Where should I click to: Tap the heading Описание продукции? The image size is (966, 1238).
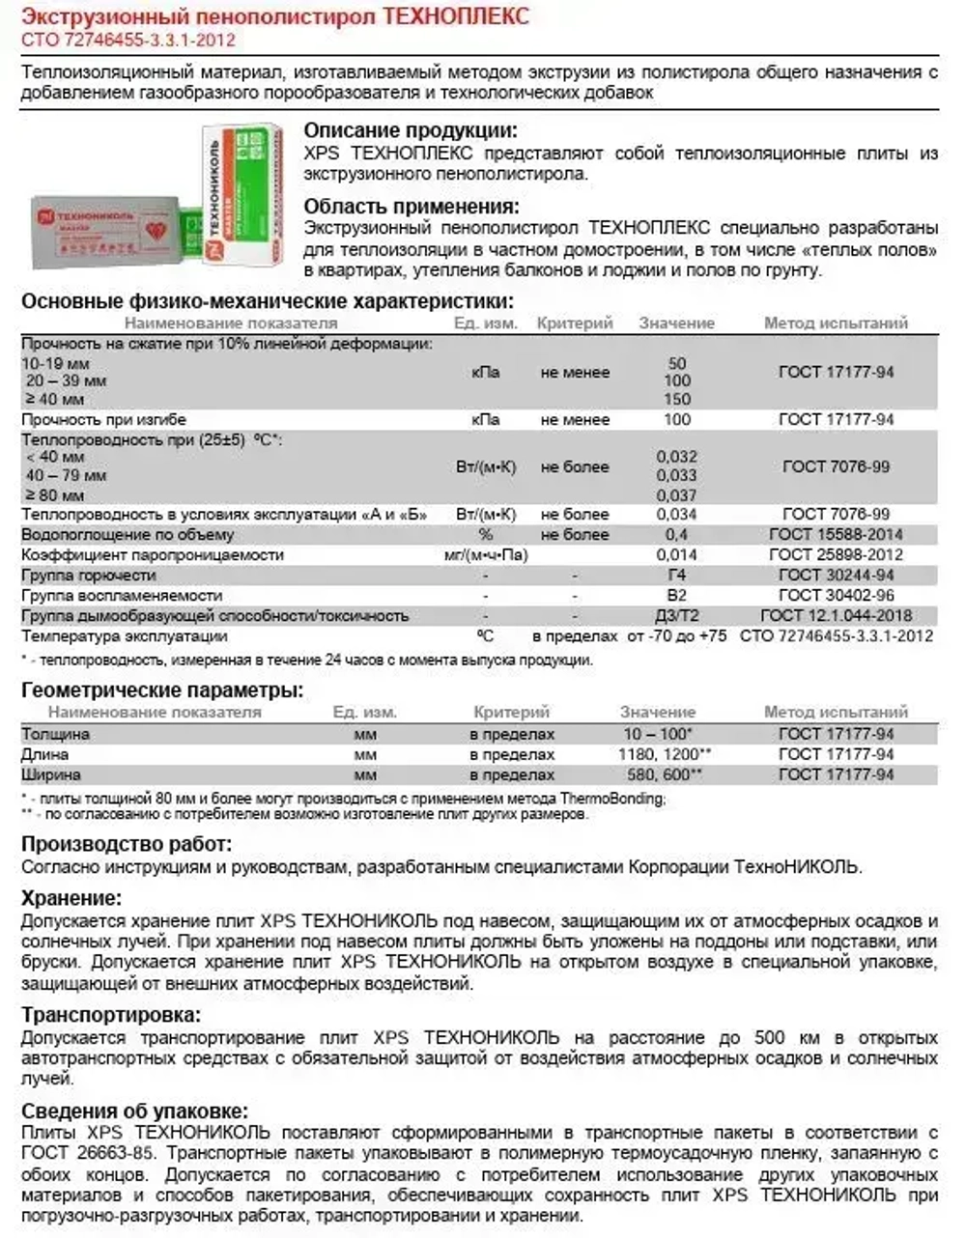pyautogui.click(x=411, y=131)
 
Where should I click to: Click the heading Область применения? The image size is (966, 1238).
pyautogui.click(x=412, y=206)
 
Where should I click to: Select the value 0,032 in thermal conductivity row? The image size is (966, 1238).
pyautogui.click(x=676, y=457)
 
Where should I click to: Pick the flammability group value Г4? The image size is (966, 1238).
pyautogui.click(x=676, y=575)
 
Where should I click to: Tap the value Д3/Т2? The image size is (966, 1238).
pyautogui.click(x=676, y=615)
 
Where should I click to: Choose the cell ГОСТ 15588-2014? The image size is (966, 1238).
pyautogui.click(x=836, y=534)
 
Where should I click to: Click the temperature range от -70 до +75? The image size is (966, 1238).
pyautogui.click(x=676, y=636)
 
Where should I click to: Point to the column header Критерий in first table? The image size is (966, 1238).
pyautogui.click(x=575, y=324)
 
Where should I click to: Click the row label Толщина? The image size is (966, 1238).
pyautogui.click(x=56, y=734)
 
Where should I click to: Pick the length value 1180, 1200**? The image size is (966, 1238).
pyautogui.click(x=665, y=754)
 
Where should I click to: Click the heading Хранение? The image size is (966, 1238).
pyautogui.click(x=71, y=898)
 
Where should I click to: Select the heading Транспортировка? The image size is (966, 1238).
pyautogui.click(x=111, y=1015)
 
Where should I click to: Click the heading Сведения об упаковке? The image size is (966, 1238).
pyautogui.click(x=134, y=1111)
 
